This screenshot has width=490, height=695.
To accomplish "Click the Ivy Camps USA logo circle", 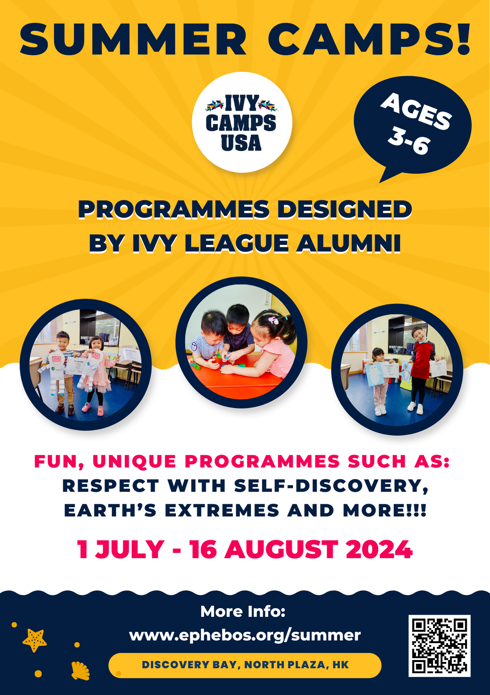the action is coord(242,122).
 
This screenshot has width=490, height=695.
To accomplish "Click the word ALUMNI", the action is coord(348,243).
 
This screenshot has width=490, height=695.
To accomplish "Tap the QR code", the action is coord(439,646).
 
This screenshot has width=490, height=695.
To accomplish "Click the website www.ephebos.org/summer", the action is coord(245,635).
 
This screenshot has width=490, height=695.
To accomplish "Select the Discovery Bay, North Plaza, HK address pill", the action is coord(245,665).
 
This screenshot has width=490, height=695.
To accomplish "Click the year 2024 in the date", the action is coord(379,549).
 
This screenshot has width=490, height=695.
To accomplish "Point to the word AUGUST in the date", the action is coord(281,549).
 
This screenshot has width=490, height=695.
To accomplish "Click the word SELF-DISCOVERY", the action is coord(331,485).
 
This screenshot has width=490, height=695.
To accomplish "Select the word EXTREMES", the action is coord(222,510).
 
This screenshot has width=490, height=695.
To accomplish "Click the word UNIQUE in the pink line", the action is coord(135,461).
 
